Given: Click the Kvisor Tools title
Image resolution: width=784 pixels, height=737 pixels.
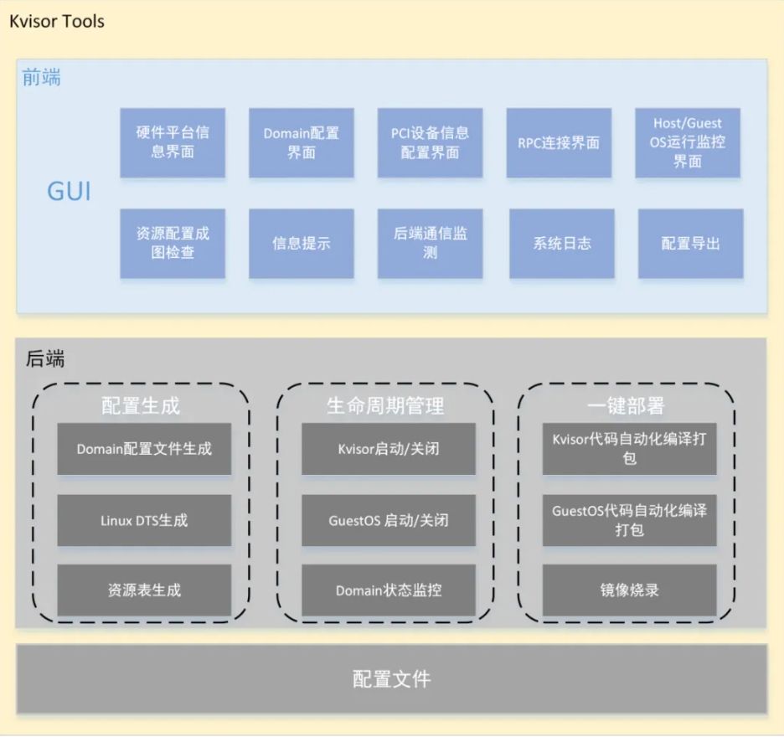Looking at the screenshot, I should tap(57, 21).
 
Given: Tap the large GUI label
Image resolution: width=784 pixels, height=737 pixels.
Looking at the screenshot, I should tap(69, 192).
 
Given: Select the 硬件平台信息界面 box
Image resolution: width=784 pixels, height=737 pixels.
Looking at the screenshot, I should tap(173, 142).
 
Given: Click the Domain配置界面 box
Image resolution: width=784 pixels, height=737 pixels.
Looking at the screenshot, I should tap(302, 142).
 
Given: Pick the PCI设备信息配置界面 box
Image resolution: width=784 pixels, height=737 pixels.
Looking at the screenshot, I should tap(430, 142).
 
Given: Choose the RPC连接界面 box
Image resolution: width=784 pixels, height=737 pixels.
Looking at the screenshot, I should tap(559, 142).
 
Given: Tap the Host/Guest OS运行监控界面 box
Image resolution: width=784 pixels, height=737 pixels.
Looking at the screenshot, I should tap(688, 142).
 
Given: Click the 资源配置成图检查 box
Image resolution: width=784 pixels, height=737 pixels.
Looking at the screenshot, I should tap(173, 243).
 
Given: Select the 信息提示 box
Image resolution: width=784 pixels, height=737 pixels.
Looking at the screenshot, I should tap(302, 243).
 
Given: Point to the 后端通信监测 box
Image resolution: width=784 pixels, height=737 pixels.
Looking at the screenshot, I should tap(430, 243).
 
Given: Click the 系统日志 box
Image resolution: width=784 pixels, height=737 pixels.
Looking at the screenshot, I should tap(562, 243).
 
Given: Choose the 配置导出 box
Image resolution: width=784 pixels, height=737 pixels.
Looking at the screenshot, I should tap(690, 243).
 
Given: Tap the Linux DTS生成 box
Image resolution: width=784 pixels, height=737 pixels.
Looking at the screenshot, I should tap(144, 520).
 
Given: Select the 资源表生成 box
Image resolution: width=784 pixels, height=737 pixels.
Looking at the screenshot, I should tap(144, 590).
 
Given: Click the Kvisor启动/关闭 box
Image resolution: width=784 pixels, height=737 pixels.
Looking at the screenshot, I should tap(389, 449).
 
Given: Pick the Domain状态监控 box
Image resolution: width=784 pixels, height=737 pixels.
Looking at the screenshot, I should tap(389, 590).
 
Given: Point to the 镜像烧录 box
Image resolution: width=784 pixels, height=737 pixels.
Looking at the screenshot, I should tap(630, 590).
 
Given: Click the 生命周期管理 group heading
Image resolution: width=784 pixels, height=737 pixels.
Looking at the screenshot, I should tap(385, 406).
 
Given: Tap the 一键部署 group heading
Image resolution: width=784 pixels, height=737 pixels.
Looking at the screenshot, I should tap(626, 406).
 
